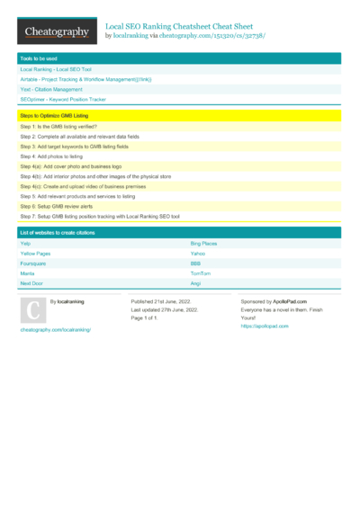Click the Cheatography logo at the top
tap(57, 32)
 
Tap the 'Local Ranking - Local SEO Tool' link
tap(56, 69)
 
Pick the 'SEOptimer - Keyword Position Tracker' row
tap(63, 99)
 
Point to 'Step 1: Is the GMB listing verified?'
tap(59, 128)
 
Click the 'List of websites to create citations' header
tap(58, 233)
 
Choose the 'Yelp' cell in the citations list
tap(25, 244)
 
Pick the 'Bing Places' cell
tap(203, 244)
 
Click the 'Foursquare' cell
tap(33, 263)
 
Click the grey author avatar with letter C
tap(31, 309)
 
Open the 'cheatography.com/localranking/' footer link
tap(55, 330)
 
